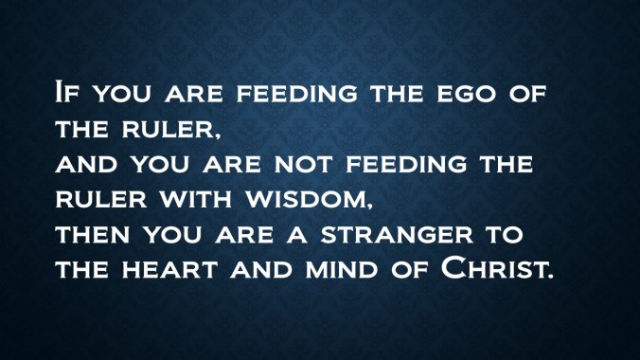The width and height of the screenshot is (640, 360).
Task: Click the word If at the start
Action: [67, 95]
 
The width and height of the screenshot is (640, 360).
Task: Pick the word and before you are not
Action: [90, 163]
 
